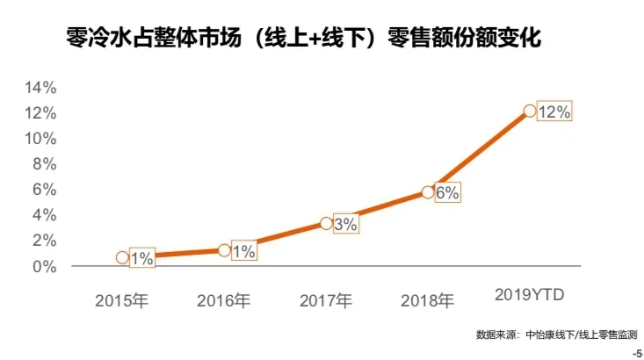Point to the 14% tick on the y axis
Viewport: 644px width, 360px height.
point(40,88)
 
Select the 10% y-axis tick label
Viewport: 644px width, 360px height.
point(40,139)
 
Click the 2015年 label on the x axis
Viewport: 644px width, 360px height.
point(123,301)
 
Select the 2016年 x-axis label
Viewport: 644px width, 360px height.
point(224,301)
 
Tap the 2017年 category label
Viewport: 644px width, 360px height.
point(326,301)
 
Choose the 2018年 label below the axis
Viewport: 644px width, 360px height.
point(428,301)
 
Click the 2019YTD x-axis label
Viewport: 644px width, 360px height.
point(530,292)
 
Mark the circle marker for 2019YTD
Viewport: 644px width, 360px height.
point(529,112)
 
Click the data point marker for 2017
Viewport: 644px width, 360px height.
point(326,223)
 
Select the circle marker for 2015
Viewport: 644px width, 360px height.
point(123,257)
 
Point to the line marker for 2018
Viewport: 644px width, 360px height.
point(428,191)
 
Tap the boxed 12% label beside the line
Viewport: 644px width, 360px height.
point(554,112)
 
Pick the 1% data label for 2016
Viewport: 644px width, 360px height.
point(243,252)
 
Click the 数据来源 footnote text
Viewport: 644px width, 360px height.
point(556,335)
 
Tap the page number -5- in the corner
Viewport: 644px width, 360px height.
point(637,353)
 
